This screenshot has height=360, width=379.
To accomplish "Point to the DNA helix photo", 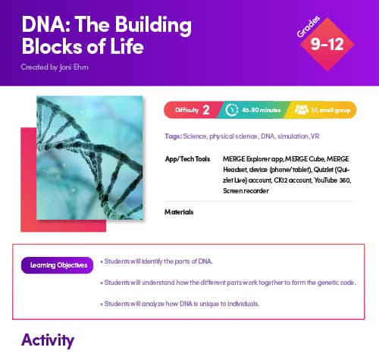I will [89, 155].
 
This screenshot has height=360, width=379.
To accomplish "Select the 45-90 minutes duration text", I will [262, 111].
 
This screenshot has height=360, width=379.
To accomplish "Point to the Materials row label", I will [179, 211].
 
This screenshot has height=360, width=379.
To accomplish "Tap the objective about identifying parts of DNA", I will [158, 261].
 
